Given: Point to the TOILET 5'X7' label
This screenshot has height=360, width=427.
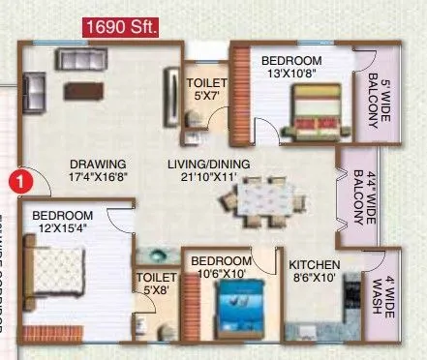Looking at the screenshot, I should pos(205,90).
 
